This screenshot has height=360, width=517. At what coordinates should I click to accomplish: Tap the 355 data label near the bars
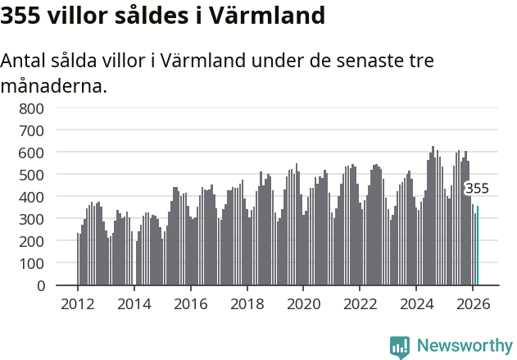pyautogui.click(x=477, y=189)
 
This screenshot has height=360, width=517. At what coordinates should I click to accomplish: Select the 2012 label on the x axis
pyautogui.click(x=78, y=303)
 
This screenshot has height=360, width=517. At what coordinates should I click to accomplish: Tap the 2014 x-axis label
pyautogui.click(x=134, y=303)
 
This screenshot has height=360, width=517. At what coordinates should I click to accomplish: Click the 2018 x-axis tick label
pyautogui.click(x=247, y=303)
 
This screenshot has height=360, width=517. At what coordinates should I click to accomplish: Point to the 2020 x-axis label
pyautogui.click(x=303, y=303)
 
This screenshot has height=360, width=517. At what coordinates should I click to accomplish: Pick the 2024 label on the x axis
pyautogui.click(x=416, y=303)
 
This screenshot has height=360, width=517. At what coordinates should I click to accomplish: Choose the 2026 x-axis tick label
pyautogui.click(x=473, y=303)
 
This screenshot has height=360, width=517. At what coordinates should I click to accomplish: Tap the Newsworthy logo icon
pyautogui.click(x=400, y=347)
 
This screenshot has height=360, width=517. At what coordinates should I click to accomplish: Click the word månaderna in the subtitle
pyautogui.click(x=53, y=85)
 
